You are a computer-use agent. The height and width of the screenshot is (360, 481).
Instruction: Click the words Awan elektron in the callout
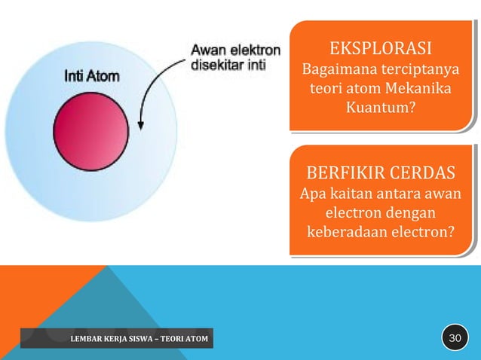pos(234,50)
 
